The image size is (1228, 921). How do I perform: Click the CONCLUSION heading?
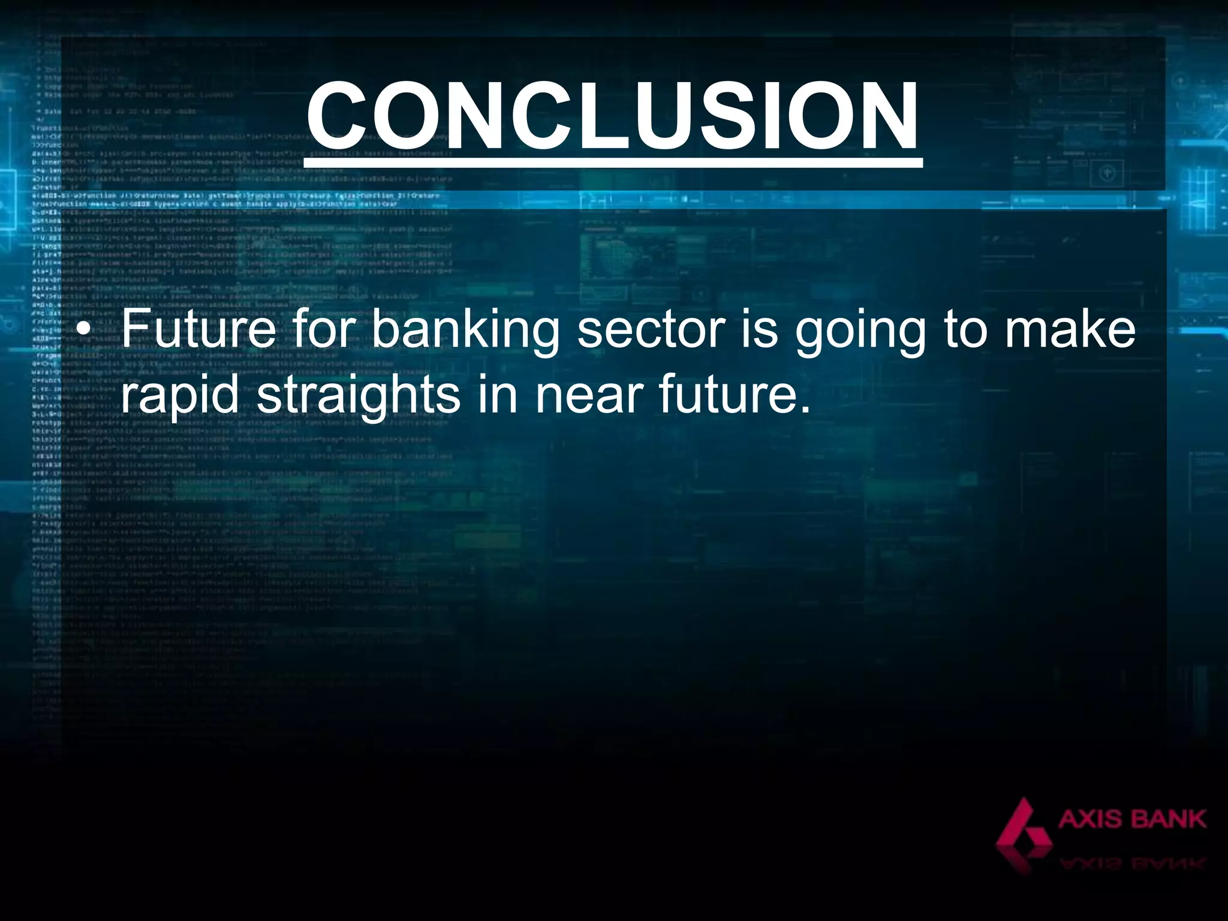[x=612, y=115]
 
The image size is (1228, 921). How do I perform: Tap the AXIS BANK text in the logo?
[x=1131, y=819]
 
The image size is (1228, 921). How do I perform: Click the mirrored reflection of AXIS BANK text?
[x=1131, y=864]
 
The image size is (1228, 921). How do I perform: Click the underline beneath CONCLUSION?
[x=612, y=162]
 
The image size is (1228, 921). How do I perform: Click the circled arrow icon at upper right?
[x=1107, y=174]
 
